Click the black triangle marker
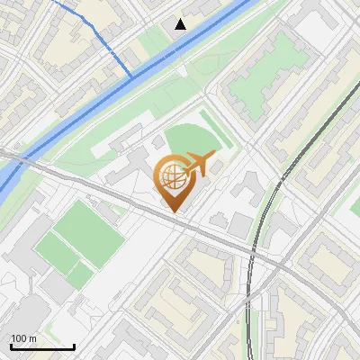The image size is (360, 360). [x=181, y=23]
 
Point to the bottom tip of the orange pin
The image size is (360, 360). [x=171, y=211]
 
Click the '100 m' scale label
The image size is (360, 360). [x=23, y=338]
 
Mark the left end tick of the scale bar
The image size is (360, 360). [x=11, y=346]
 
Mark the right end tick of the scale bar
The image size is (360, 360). [x=74, y=346]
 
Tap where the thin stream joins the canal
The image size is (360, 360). [x=132, y=76]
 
